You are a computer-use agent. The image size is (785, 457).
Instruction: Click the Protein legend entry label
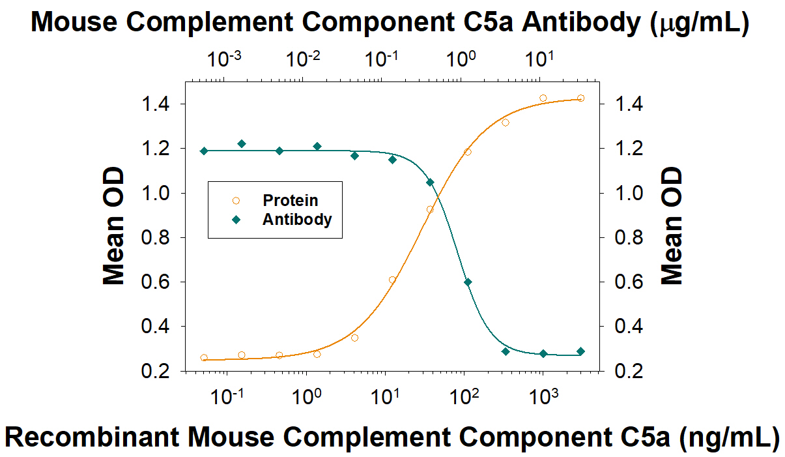point(291,200)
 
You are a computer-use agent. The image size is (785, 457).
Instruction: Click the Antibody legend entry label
point(297,219)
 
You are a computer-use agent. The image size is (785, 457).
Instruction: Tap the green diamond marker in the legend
point(236,219)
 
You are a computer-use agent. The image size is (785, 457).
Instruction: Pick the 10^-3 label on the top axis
point(225,59)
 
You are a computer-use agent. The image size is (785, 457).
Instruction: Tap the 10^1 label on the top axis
point(541,59)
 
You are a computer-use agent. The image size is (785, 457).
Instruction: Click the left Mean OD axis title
point(114,227)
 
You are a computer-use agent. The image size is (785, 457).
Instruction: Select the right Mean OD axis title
point(672,227)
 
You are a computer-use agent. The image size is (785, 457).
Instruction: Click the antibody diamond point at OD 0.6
point(468,282)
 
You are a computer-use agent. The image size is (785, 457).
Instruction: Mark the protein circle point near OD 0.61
point(392,280)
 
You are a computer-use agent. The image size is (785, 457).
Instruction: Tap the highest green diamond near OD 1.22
point(242,143)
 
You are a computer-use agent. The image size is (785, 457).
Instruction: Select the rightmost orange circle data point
point(581,98)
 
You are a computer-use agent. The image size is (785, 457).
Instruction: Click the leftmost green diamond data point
point(204,151)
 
